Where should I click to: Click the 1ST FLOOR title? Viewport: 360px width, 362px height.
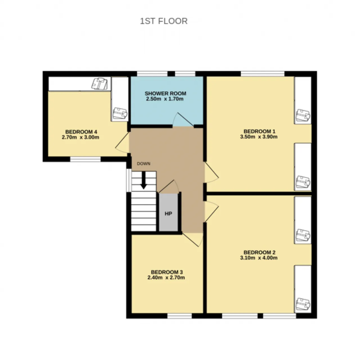[x=164, y=21]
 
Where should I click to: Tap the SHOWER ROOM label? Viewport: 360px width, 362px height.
[x=165, y=93]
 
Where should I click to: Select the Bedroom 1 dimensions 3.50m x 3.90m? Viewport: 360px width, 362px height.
[x=258, y=137]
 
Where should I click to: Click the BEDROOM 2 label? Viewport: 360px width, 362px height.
[x=259, y=252]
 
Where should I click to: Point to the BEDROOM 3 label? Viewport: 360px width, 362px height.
[x=167, y=272]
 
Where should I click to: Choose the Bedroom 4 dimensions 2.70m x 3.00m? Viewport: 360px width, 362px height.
[x=80, y=137]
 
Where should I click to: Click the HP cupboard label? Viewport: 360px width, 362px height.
[x=168, y=214]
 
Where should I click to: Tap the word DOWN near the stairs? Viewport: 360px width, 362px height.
[x=144, y=164]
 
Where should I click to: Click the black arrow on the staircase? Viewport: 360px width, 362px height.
[x=144, y=180]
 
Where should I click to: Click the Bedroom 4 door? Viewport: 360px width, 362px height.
[x=122, y=143]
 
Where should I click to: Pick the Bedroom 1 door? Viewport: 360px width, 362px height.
[x=211, y=172]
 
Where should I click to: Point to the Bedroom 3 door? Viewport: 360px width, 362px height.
[x=192, y=240]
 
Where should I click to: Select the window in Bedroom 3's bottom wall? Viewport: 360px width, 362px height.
[x=179, y=316]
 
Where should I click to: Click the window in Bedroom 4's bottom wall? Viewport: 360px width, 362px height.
[x=85, y=159]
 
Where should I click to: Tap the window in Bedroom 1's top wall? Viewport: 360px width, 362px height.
[x=262, y=74]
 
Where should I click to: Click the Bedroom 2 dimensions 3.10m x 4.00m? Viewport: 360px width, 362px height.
[x=258, y=258]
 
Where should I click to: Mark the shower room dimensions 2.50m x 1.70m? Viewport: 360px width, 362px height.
[x=165, y=99]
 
